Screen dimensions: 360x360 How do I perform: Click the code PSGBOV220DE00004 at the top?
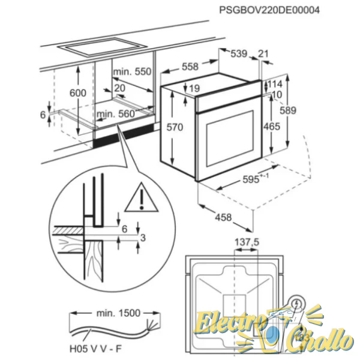[269, 10]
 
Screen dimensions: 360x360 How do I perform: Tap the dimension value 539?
[239, 54]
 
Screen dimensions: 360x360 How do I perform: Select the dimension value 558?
[190, 67]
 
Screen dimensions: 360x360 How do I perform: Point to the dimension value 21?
[263, 54]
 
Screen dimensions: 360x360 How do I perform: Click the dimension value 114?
[275, 84]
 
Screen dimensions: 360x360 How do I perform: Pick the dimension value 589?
[288, 110]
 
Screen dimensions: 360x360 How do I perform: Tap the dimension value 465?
[272, 127]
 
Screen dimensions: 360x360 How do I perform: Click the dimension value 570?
[175, 127]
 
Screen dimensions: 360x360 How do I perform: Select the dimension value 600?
[78, 93]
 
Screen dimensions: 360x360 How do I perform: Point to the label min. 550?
[133, 71]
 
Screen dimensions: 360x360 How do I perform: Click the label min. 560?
[116, 114]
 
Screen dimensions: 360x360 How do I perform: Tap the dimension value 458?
[223, 217]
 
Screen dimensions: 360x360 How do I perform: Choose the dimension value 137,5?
[247, 242]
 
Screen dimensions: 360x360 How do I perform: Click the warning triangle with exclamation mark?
[142, 197]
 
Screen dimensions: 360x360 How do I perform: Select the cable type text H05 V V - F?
[95, 349]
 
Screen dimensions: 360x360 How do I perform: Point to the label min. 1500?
[118, 313]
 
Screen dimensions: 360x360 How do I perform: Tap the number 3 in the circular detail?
[143, 238]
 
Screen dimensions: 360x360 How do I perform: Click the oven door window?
[230, 139]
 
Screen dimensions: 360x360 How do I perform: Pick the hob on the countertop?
[103, 47]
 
